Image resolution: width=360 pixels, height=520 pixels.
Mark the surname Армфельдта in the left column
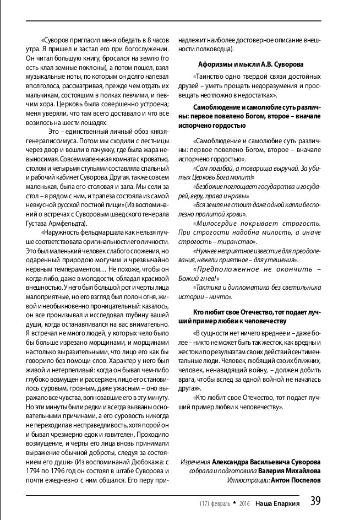69,224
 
